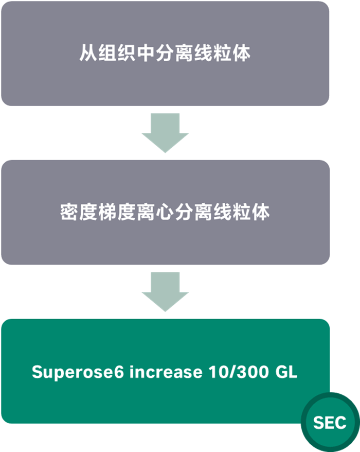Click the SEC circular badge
330,423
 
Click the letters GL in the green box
286,372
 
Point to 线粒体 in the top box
226,54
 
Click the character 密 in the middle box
68,213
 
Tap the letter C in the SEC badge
340,423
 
